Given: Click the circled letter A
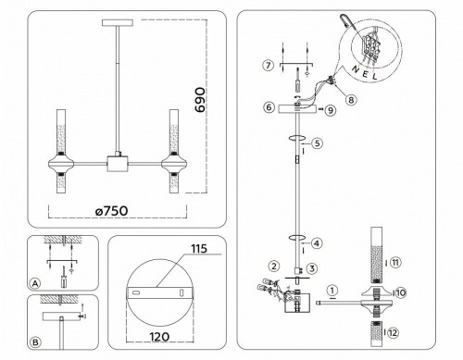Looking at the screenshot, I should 34,283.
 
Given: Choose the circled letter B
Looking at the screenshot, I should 34,341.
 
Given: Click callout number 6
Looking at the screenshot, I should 267,108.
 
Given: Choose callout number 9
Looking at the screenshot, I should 327,110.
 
